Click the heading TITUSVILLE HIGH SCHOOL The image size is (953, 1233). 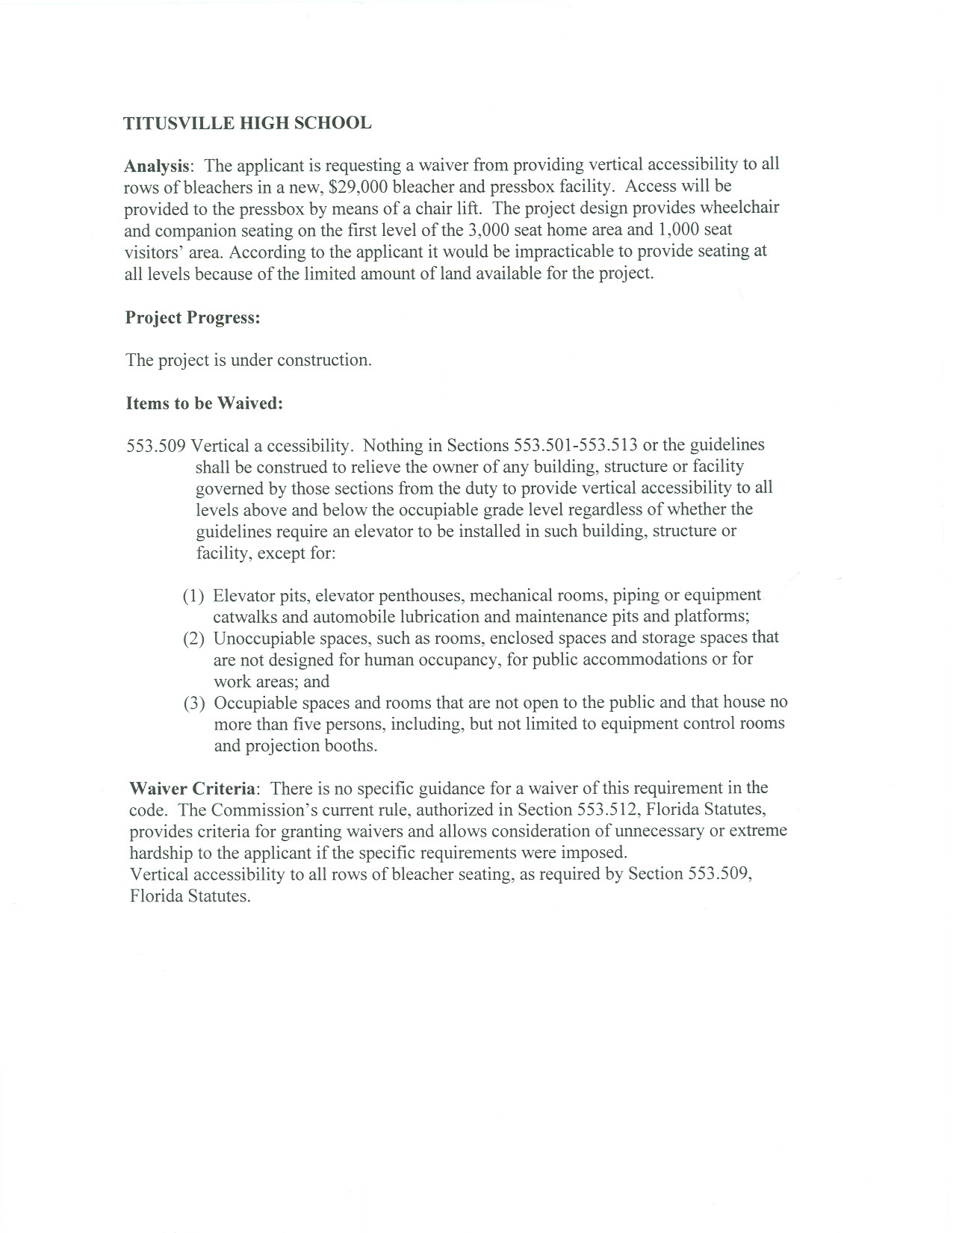click(x=247, y=123)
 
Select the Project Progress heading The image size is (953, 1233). click(x=193, y=317)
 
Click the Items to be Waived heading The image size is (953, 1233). click(x=204, y=404)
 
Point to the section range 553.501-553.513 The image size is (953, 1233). click(x=575, y=446)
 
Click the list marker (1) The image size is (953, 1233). click(x=193, y=596)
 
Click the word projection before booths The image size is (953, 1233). click(x=281, y=746)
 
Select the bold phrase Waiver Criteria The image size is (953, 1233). click(x=193, y=789)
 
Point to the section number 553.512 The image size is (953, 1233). click(x=603, y=810)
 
